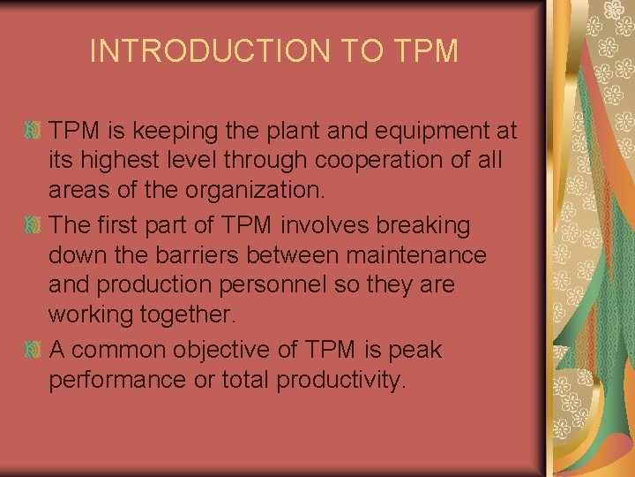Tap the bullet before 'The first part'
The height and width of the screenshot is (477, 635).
33,225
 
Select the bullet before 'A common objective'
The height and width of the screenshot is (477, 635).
33,350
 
